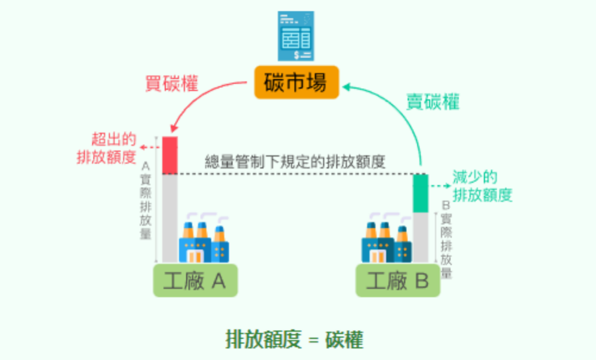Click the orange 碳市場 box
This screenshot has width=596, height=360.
click(296, 82)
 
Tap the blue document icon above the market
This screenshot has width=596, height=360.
click(296, 36)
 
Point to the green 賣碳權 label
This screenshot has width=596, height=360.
click(433, 102)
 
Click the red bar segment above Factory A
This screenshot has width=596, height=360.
click(170, 155)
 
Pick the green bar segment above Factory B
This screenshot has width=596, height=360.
click(421, 193)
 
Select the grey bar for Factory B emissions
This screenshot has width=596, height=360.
click(421, 237)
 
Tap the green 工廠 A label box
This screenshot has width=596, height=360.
click(195, 281)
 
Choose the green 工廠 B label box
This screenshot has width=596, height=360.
click(398, 281)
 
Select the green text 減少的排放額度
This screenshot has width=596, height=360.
click(482, 186)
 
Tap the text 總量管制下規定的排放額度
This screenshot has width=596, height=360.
click(295, 162)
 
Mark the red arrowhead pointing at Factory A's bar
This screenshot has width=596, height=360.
click(173, 128)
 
